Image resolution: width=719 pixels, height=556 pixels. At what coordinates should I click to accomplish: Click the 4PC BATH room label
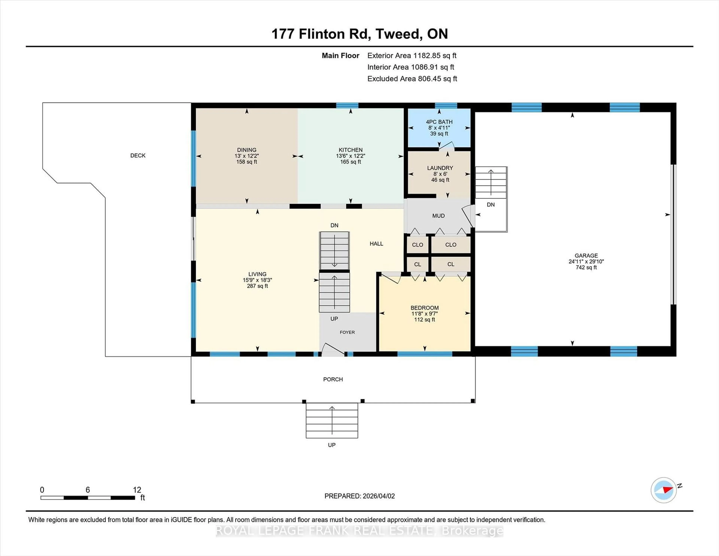pos(439,122)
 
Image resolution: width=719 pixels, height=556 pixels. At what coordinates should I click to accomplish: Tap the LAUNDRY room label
pos(440,168)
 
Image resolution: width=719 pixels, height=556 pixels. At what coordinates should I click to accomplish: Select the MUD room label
pos(438,216)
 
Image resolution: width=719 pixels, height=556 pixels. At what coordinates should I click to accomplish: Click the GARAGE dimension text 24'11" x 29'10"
pos(586,262)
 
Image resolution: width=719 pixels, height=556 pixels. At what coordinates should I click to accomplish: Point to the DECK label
pos(138,155)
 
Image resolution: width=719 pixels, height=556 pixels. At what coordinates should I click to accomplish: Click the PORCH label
pos(333,380)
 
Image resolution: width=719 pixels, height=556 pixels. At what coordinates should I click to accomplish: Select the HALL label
pos(376,244)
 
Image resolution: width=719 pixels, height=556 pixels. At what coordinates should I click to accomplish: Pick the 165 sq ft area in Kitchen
pos(351,162)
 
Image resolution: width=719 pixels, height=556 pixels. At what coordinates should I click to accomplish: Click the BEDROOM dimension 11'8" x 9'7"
pos(424,314)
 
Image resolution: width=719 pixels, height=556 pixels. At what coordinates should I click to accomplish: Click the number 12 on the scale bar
pos(137,490)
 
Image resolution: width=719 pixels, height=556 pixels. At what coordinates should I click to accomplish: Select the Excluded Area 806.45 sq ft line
pos(412,79)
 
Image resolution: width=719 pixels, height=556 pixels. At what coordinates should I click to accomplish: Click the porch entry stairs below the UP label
pos(332,420)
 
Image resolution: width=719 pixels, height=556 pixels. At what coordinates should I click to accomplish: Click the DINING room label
pos(247,150)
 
